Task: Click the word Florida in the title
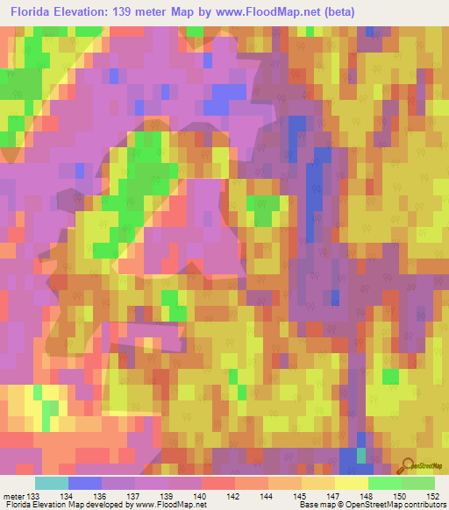coord(33,13)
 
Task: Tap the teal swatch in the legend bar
coord(51,483)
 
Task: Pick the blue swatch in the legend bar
coord(84,483)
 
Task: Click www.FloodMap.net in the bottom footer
coord(169,506)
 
